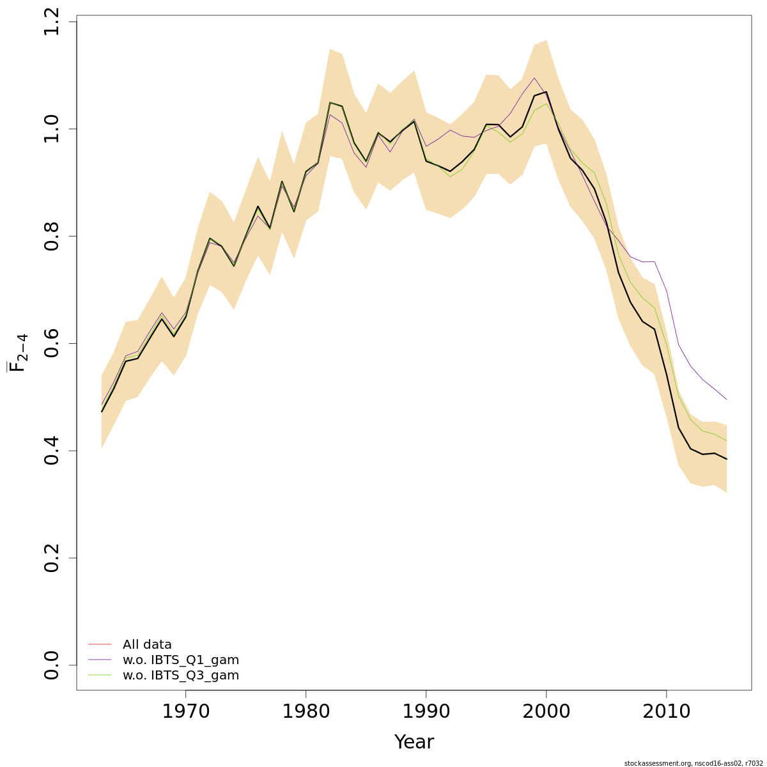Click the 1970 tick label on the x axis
click(x=185, y=711)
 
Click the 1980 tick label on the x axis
click(x=306, y=711)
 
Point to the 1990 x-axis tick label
click(x=426, y=711)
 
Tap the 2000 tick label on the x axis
click(x=546, y=711)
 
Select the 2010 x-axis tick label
click(x=666, y=711)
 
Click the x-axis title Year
click(x=414, y=742)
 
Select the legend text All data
click(x=147, y=645)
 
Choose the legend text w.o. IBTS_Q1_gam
click(x=181, y=660)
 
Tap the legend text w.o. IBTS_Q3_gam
click(x=181, y=676)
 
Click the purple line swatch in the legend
click(x=100, y=660)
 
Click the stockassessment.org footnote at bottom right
click(x=693, y=763)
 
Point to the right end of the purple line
click(x=727, y=399)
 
